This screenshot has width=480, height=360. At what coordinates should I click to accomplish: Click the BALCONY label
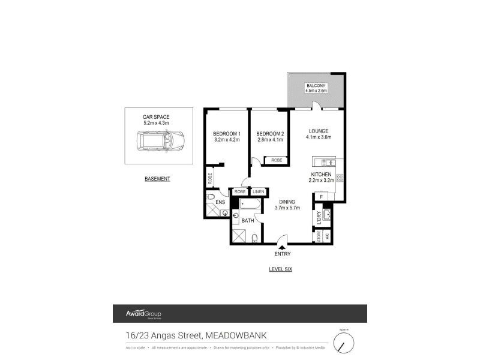pyautogui.click(x=316, y=86)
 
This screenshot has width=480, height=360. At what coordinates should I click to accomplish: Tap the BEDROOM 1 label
pyautogui.click(x=227, y=133)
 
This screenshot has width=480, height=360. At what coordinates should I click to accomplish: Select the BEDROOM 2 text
pyautogui.click(x=269, y=133)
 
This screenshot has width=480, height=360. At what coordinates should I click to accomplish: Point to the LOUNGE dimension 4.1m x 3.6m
pyautogui.click(x=319, y=137)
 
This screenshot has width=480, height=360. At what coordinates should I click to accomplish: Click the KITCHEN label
pyautogui.click(x=321, y=174)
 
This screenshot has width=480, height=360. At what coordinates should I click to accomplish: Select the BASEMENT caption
pyautogui.click(x=158, y=179)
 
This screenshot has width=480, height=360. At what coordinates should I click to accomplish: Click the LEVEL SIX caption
pyautogui.click(x=280, y=269)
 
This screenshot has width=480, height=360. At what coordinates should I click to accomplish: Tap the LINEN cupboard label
pyautogui.click(x=258, y=191)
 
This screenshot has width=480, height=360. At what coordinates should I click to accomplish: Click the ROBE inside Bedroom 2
pyautogui.click(x=277, y=160)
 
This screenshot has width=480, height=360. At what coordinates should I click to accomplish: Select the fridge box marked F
pyautogui.click(x=322, y=196)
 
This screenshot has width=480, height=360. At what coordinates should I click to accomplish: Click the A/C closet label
pyautogui.click(x=327, y=236)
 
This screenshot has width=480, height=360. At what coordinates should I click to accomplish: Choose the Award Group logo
pyautogui.click(x=143, y=314)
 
